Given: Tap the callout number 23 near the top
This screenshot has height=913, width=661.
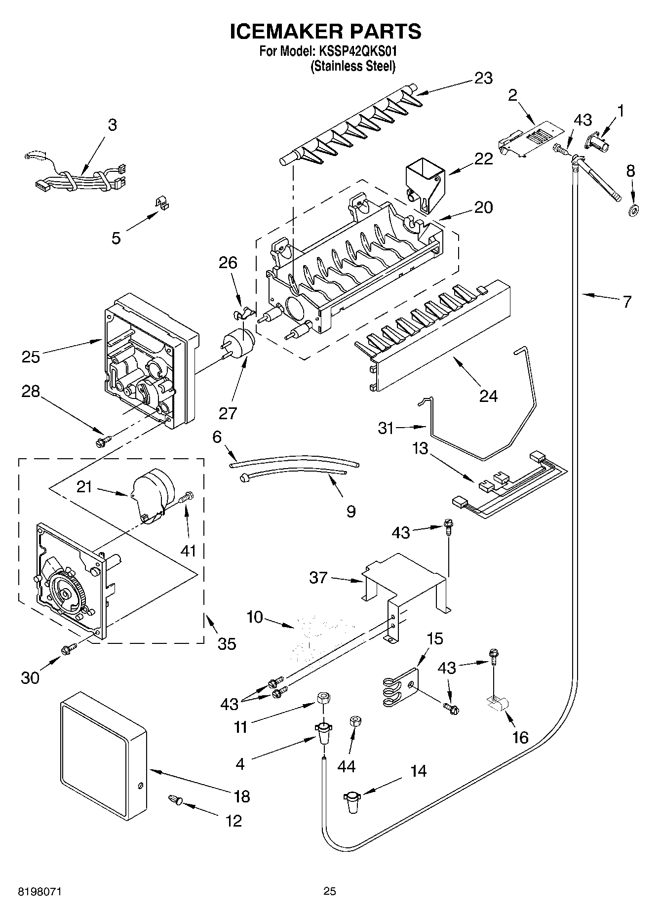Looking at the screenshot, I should (x=483, y=79).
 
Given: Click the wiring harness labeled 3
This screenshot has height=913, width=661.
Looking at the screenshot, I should (x=79, y=180).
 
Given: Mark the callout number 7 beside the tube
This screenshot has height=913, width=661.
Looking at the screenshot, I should (x=626, y=302).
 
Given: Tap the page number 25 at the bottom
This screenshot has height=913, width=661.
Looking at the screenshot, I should (x=330, y=891).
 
